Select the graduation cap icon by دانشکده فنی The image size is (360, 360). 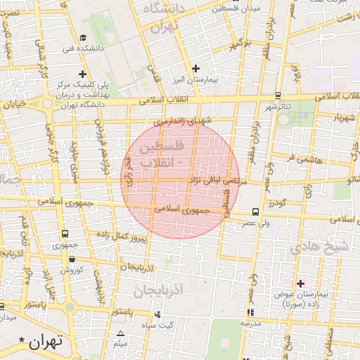pyautogui.click(x=83, y=38)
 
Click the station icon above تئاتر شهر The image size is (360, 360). pyautogui.click(x=278, y=96)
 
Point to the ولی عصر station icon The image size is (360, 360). pyautogui.click(x=255, y=212)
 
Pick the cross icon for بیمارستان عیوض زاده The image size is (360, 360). pyautogui.click(x=300, y=283)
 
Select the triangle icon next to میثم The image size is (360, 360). pyautogui.click(x=120, y=333)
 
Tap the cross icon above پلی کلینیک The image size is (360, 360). pyautogui.click(x=83, y=73)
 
